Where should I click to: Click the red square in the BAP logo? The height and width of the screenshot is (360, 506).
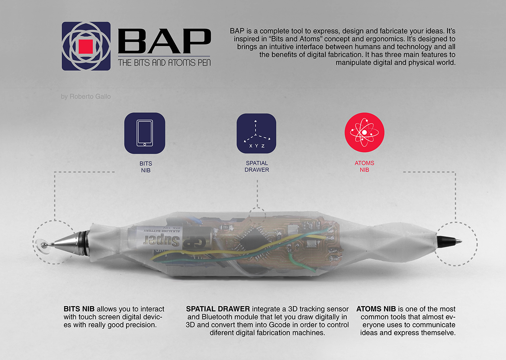coord(86,46)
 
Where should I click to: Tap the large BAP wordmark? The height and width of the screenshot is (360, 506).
coord(164,41)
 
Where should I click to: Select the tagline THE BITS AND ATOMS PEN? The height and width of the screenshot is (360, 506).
coord(164,63)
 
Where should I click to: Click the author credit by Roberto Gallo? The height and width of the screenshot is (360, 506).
coord(86,97)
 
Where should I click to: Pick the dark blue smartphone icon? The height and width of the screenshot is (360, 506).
coord(145,133)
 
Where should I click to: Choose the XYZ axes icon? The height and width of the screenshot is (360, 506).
coord(257,133)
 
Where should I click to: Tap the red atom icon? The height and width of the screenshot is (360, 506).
coord(364,133)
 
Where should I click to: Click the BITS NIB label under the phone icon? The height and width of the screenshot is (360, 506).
coord(146,167)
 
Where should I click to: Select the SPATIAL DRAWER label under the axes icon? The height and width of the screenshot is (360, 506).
coord(257,167)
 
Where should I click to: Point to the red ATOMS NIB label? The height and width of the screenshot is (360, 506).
coord(364,167)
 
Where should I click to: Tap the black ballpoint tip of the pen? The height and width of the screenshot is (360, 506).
coord(449,241)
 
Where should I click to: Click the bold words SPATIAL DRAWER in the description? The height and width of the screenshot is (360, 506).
coord(218,309)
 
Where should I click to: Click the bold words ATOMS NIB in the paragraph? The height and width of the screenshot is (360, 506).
coord(376,309)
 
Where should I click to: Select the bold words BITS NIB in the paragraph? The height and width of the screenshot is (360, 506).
coord(79,309)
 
